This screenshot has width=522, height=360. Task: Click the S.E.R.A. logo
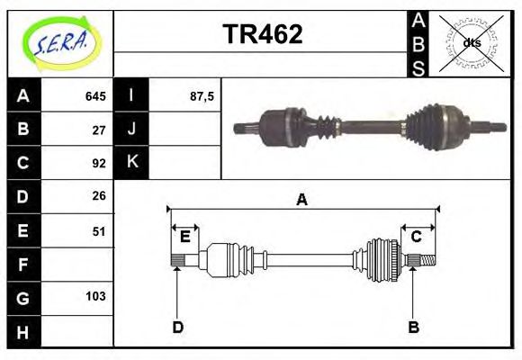(x=59, y=43)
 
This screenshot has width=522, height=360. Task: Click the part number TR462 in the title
(x=262, y=35)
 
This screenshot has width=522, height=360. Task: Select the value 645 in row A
(x=95, y=96)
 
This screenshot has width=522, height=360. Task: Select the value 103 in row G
(x=96, y=296)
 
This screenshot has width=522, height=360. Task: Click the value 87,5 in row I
(x=201, y=96)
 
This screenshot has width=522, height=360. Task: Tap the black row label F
(x=23, y=264)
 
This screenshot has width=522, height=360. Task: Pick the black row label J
(x=132, y=130)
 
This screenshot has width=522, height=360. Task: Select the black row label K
(x=132, y=163)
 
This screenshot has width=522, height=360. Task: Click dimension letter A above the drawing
(x=302, y=200)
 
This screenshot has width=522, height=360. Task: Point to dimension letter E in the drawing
(x=184, y=238)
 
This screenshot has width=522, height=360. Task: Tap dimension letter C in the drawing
(x=417, y=238)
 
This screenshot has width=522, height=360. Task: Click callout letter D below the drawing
(x=177, y=327)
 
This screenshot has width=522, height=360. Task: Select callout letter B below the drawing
(x=414, y=327)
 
